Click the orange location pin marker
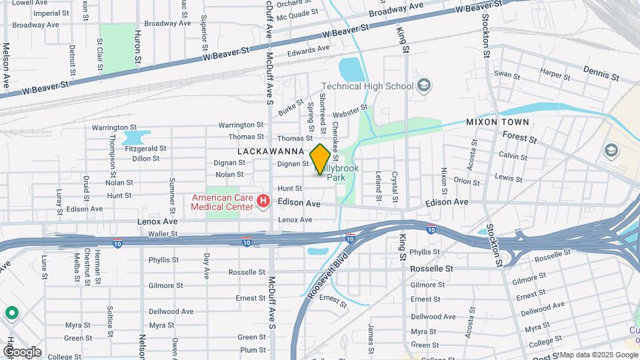pos(321,159)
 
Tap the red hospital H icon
pos(263,201)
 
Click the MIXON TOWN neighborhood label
pos(497,122)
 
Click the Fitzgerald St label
pos(145,149)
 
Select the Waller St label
pos(163,234)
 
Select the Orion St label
pos(467,180)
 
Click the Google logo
pos(22,351)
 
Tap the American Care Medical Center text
pos(222,201)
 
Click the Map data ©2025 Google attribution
pos(598,355)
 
